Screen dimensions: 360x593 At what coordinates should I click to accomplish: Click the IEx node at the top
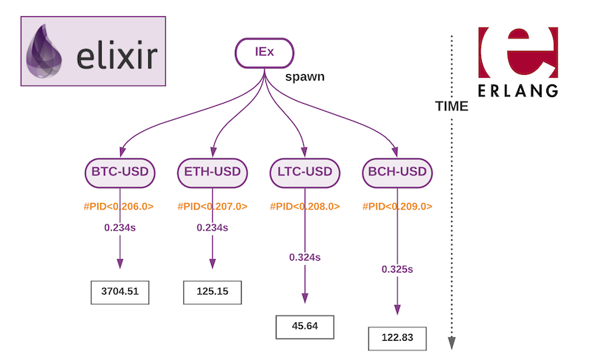265,53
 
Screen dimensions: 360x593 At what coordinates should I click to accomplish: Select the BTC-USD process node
120,173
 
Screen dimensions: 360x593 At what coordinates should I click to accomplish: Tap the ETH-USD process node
213,173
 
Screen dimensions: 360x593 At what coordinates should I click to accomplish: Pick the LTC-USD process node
305,173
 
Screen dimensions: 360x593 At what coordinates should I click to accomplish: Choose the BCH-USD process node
397,173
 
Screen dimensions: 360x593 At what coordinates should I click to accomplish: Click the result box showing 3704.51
120,292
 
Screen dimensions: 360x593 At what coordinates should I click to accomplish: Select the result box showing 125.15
213,292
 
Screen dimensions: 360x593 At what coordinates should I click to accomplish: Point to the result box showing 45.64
305,326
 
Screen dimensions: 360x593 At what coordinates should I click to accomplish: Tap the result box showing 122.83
397,338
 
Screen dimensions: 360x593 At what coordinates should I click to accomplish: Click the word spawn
305,77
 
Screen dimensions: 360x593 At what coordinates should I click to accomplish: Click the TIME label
451,107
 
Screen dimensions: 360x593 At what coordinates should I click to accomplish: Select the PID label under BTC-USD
120,207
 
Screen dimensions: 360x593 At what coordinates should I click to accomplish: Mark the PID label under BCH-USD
397,207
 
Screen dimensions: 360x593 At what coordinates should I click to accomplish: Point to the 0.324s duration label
305,257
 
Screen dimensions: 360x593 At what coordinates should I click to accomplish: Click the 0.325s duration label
397,269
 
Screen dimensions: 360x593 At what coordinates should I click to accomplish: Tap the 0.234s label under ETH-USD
213,228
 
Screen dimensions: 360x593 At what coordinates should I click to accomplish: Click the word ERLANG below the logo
517,90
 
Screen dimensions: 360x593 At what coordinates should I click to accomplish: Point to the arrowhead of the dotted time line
451,342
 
